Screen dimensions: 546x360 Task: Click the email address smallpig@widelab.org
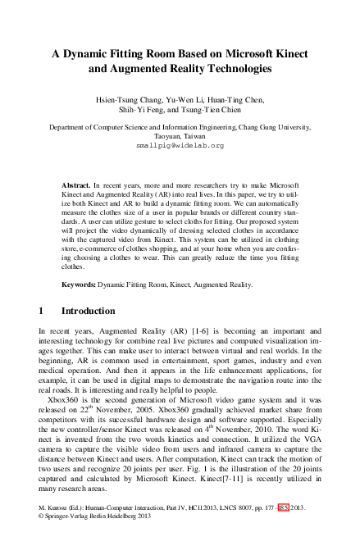180,144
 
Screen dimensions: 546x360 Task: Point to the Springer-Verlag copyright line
98,539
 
